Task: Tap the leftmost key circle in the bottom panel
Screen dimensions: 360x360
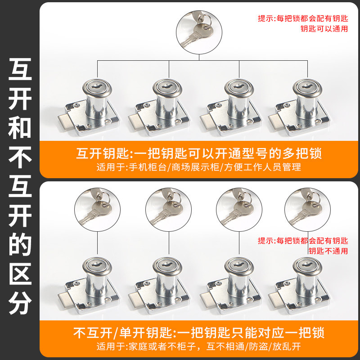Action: click(x=98, y=209)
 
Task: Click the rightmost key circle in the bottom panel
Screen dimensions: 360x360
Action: click(x=307, y=209)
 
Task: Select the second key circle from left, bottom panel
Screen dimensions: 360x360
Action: click(x=167, y=209)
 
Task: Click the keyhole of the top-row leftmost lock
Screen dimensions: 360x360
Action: click(x=94, y=85)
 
